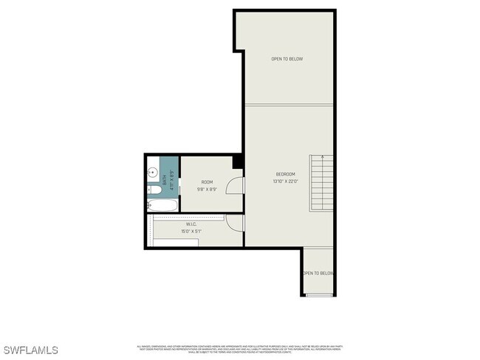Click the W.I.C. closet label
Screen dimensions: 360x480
point(191,224)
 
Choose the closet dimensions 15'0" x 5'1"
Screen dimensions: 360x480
point(191,232)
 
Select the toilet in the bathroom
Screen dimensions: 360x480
point(153,190)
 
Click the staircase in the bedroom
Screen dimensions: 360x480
point(321,184)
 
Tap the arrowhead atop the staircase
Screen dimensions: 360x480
point(321,158)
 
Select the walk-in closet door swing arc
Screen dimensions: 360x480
point(233,222)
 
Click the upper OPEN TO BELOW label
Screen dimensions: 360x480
point(287,59)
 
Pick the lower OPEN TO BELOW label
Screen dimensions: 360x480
point(318,273)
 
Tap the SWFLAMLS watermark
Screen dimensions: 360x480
point(30,350)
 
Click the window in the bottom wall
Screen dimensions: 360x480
point(319,295)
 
